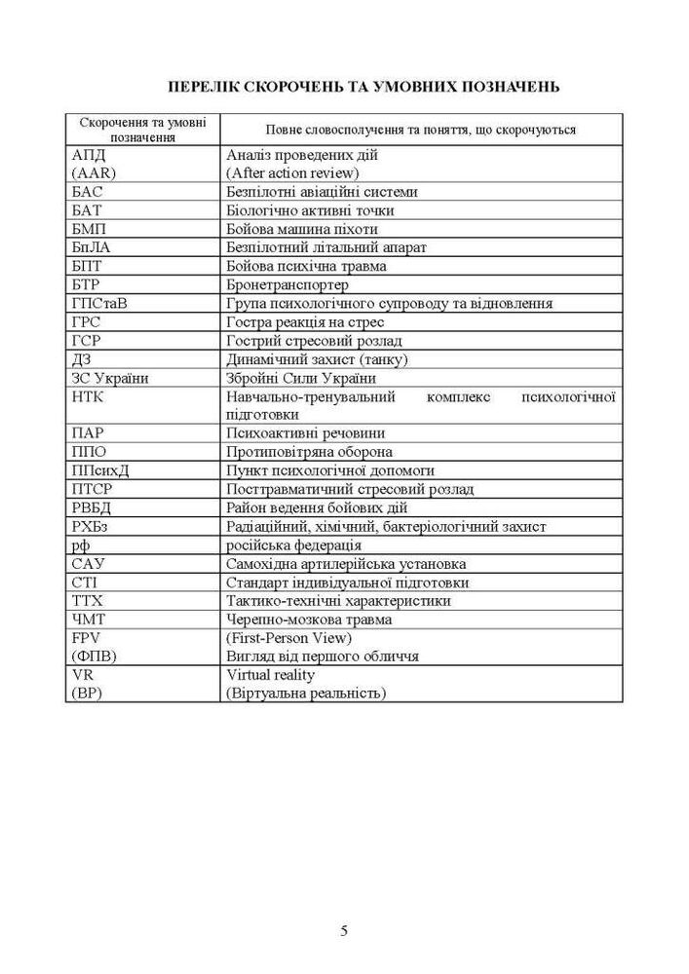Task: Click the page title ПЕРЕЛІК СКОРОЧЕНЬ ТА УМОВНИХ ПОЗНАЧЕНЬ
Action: coord(364,87)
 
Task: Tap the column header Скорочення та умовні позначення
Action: coord(142,130)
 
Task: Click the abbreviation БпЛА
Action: coord(91,247)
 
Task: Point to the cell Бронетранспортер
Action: coord(287,284)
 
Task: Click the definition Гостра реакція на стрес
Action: coord(305,321)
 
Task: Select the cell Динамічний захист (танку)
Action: coord(317,359)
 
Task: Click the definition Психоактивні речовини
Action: coord(305,433)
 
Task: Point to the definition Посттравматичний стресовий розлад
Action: coord(350,489)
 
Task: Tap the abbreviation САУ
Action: coord(88,563)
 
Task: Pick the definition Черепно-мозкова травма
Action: coord(309,619)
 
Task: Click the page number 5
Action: coord(344,930)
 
